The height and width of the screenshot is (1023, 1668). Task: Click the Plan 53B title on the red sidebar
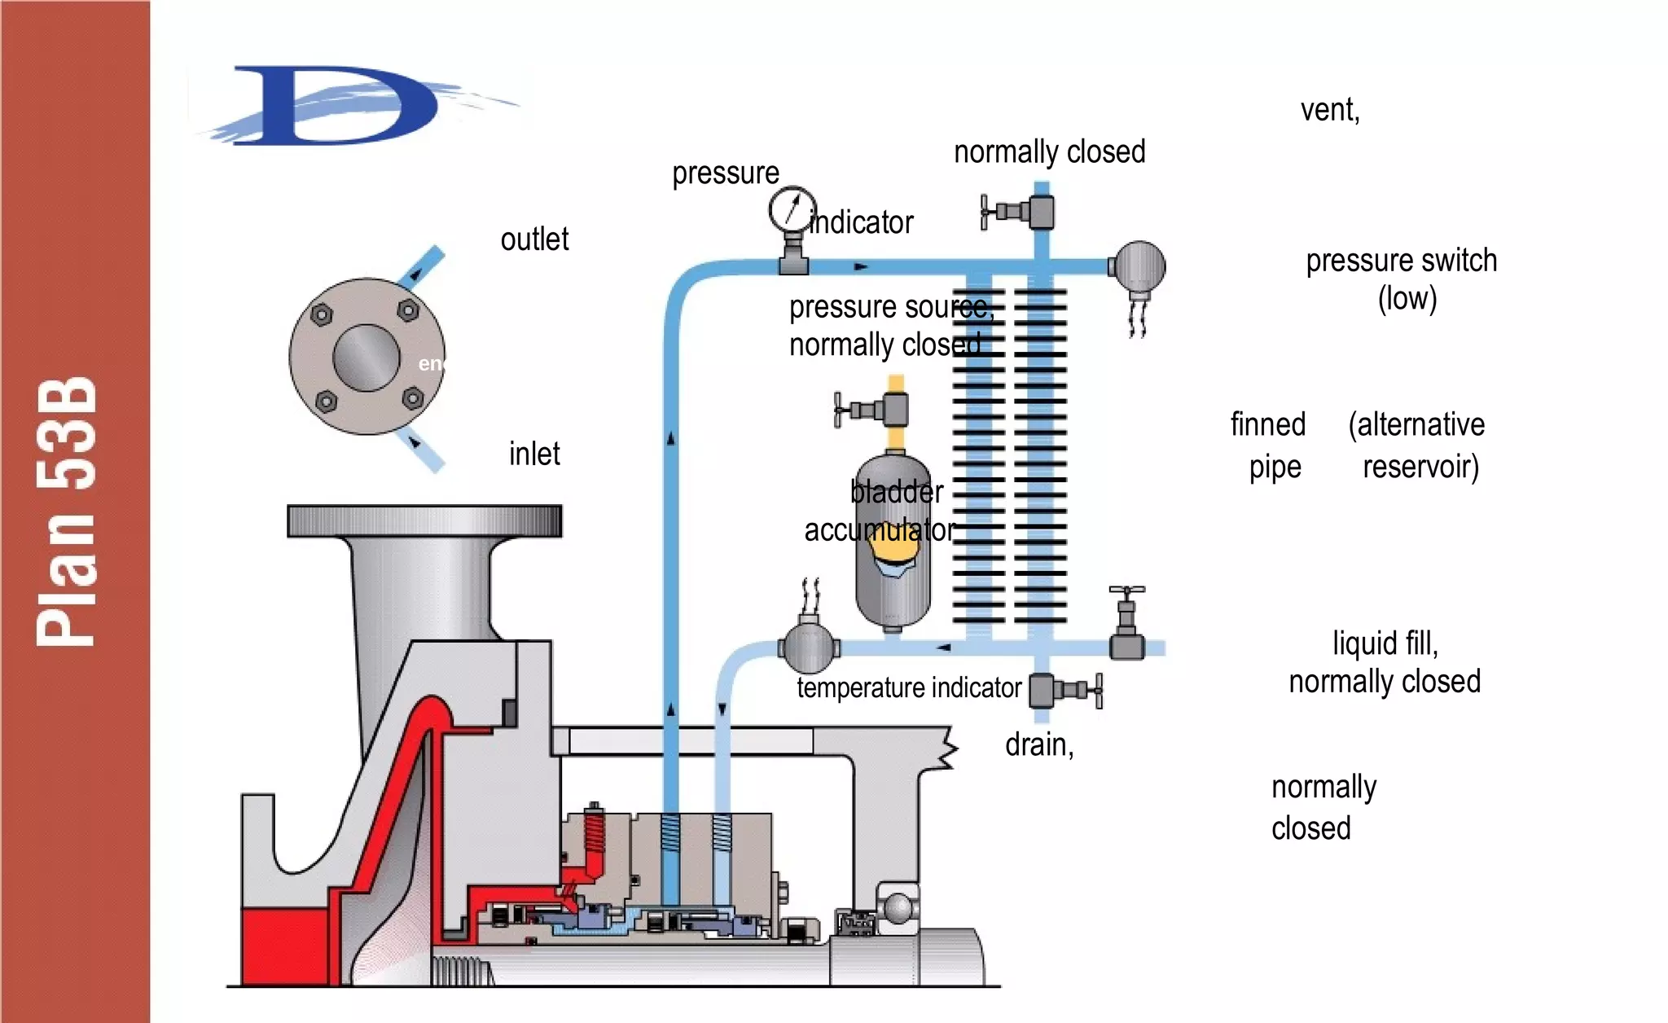tap(67, 511)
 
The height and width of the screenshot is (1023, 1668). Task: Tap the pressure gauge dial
tap(792, 211)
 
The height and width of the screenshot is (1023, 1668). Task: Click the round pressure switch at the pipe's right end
tap(1139, 266)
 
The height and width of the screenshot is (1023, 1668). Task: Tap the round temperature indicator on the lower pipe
tap(808, 647)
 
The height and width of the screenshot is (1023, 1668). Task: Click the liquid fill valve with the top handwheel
tap(1127, 627)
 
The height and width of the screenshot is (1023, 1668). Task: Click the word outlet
tap(534, 239)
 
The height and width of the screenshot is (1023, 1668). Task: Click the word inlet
tap(534, 454)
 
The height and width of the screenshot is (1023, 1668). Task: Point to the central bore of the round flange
tap(367, 358)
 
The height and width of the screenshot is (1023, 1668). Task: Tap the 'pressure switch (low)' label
tap(1402, 279)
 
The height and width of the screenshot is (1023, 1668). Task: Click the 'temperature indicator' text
tap(909, 687)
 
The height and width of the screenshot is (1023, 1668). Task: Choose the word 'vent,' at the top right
tap(1330, 109)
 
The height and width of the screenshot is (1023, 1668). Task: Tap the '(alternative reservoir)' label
tap(1418, 446)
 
